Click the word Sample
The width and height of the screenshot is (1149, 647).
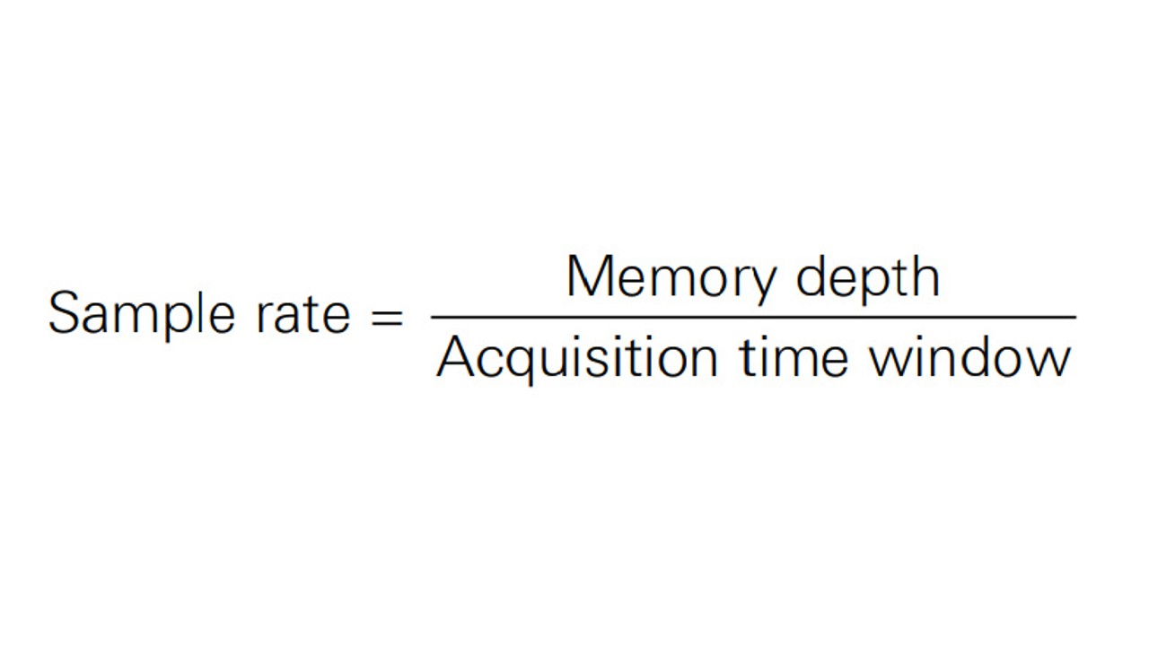click(x=142, y=315)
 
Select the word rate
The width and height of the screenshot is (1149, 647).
click(x=303, y=313)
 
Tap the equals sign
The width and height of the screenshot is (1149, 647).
click(x=387, y=317)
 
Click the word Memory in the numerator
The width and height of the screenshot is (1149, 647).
click(x=671, y=279)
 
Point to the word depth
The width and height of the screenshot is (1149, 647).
click(x=868, y=279)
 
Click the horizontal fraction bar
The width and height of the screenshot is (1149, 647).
click(x=753, y=318)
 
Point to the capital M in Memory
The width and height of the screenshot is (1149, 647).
click(x=590, y=275)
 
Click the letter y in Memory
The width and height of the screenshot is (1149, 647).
click(x=760, y=285)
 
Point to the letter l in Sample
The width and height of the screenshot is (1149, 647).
click(x=204, y=312)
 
